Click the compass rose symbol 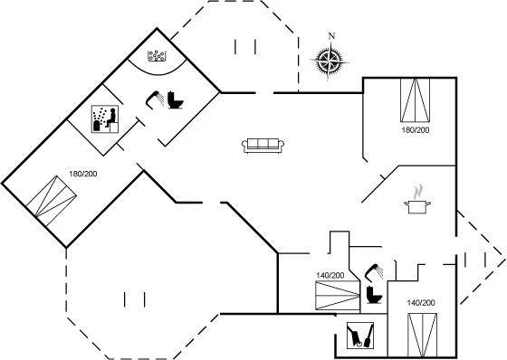coord(330,60)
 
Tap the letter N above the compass coord(331,36)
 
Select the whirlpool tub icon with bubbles coord(157,56)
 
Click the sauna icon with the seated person coord(105,118)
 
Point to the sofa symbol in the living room coord(263,145)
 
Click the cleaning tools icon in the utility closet coord(360,336)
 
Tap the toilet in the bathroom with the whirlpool coord(176,99)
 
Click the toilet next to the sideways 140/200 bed coord(374,295)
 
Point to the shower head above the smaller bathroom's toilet coord(374,271)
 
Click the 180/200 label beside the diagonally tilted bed coord(83,174)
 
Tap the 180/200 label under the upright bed coord(416,130)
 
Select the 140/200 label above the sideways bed coord(330,275)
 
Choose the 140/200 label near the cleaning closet coord(421,303)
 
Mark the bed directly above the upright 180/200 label coord(416,100)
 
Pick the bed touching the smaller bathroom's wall coord(338,296)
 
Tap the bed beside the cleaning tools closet coord(422,335)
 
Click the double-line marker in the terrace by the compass coord(245,46)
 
